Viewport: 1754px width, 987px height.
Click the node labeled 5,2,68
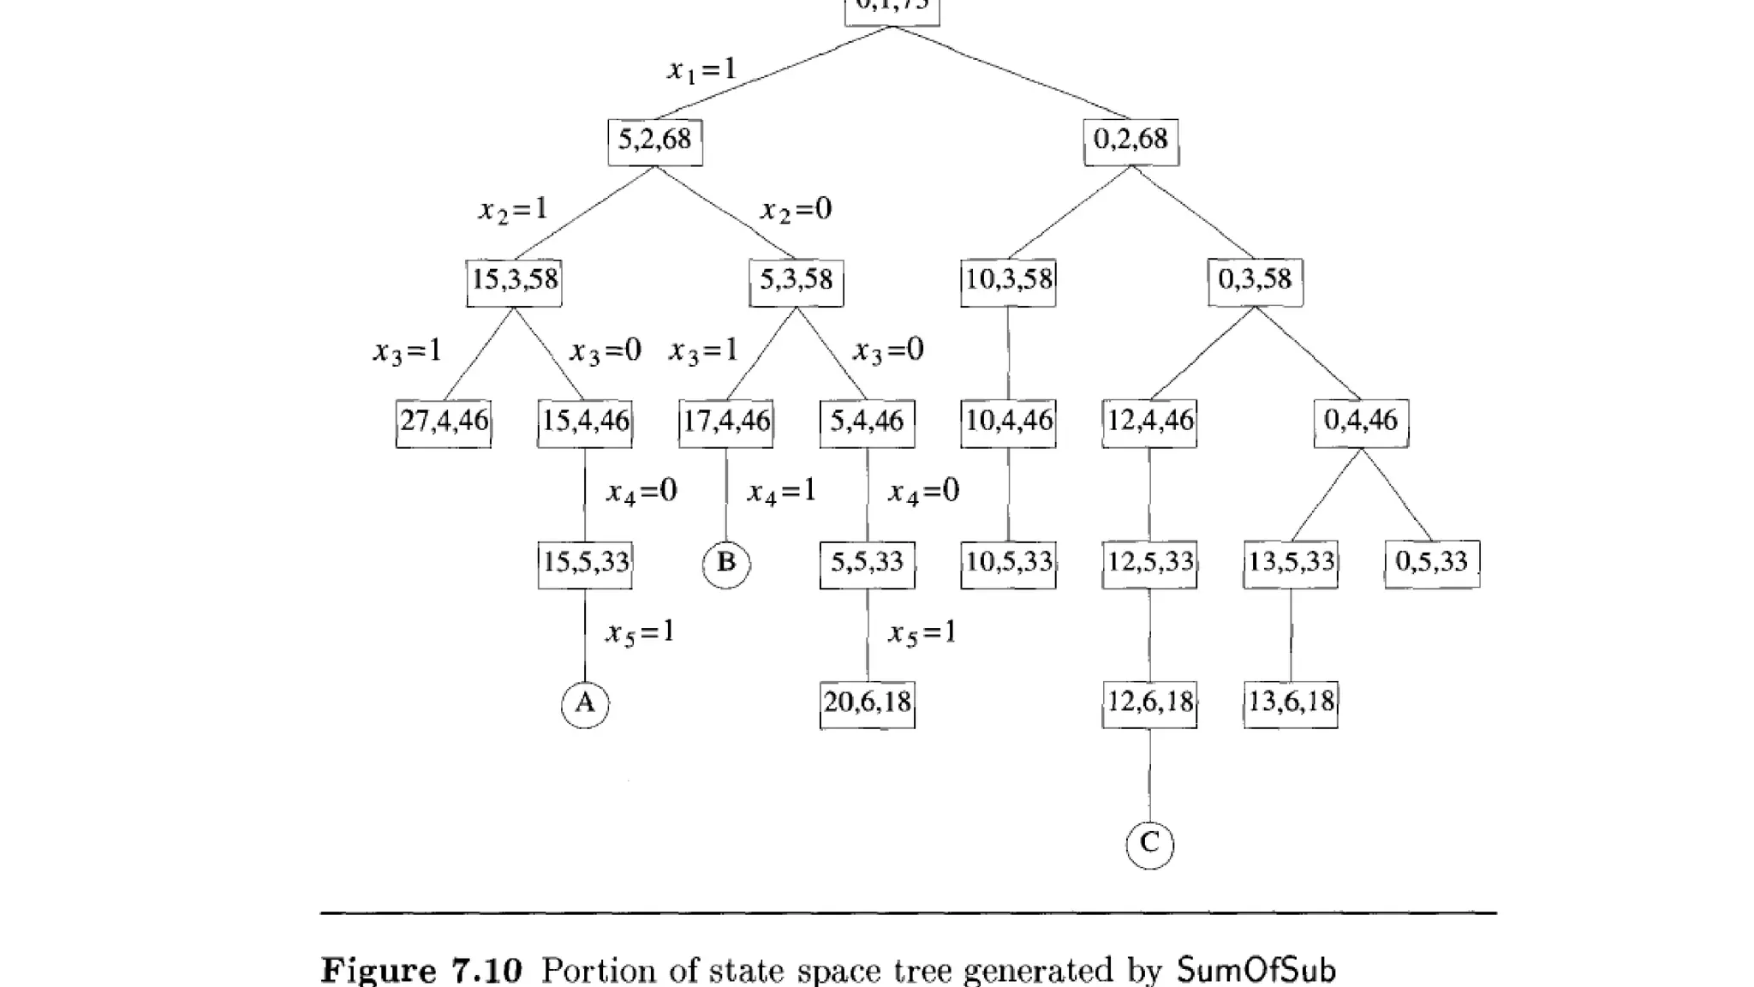pyautogui.click(x=655, y=141)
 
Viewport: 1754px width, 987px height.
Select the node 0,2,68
pyautogui.click(x=1131, y=141)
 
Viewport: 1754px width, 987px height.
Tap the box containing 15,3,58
pyautogui.click(x=514, y=282)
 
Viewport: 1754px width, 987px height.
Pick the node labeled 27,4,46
pyautogui.click(x=444, y=422)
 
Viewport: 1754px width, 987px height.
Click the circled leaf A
pyautogui.click(x=585, y=704)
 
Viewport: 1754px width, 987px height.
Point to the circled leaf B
pyautogui.click(x=726, y=564)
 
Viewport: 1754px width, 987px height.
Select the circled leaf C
pyautogui.click(x=1149, y=845)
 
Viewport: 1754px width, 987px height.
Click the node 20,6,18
pyautogui.click(x=867, y=704)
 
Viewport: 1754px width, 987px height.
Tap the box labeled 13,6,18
pyautogui.click(x=1291, y=704)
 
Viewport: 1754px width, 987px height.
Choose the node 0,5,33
pyautogui.click(x=1432, y=564)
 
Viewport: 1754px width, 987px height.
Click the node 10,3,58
pyautogui.click(x=1008, y=282)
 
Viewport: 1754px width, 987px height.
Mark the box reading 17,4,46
pyautogui.click(x=726, y=422)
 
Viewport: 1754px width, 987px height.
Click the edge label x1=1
pyautogui.click(x=702, y=69)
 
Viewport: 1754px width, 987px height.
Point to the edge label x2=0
pyautogui.click(x=796, y=210)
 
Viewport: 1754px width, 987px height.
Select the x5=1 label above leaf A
pyautogui.click(x=641, y=633)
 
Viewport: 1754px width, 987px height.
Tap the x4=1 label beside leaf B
pyautogui.click(x=781, y=493)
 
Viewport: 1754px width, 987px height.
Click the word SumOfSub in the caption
pyautogui.click(x=1256, y=971)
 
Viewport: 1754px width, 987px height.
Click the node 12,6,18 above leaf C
pyautogui.click(x=1149, y=704)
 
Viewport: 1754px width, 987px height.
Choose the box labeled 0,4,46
pyautogui.click(x=1361, y=422)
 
